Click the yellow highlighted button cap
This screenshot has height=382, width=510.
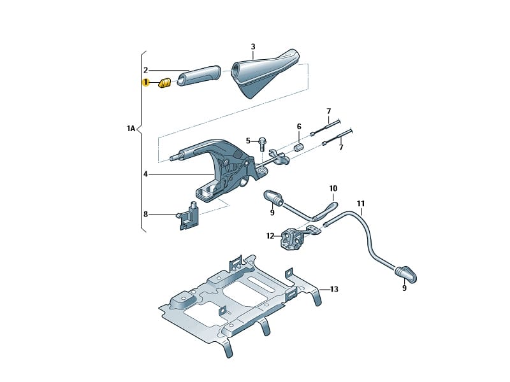164,82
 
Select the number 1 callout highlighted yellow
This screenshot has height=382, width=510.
146,82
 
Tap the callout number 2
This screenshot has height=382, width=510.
145,70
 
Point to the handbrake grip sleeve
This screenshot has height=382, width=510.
198,75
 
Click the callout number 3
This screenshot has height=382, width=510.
252,47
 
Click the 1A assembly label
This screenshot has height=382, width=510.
131,129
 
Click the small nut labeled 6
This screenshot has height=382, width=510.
297,148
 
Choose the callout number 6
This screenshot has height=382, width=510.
298,127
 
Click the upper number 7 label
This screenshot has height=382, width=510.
329,111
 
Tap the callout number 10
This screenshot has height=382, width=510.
333,188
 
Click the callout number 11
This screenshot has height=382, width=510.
361,204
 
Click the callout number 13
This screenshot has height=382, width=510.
334,289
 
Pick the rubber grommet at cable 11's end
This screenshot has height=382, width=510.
405,272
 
